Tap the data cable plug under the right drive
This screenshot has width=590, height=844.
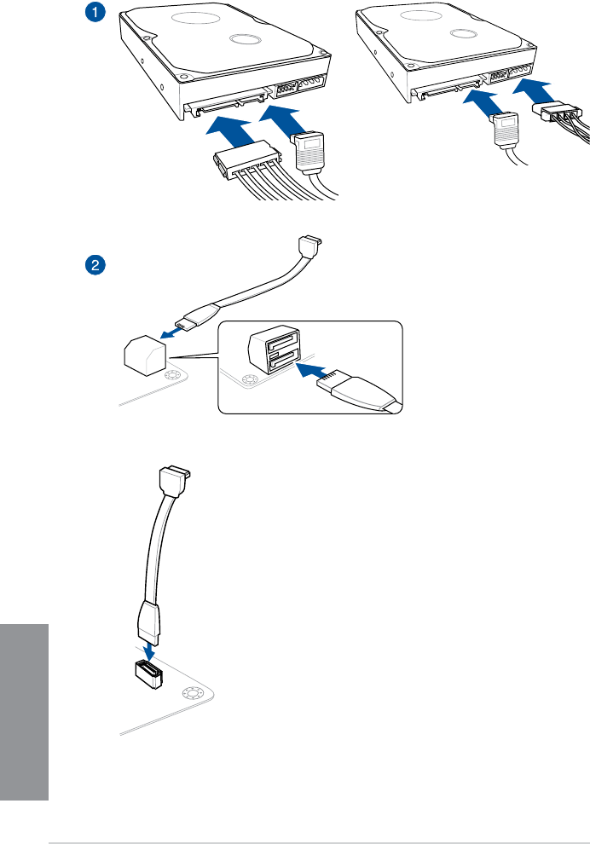point(505,130)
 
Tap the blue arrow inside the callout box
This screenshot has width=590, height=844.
point(314,370)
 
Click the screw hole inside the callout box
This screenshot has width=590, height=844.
point(251,381)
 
